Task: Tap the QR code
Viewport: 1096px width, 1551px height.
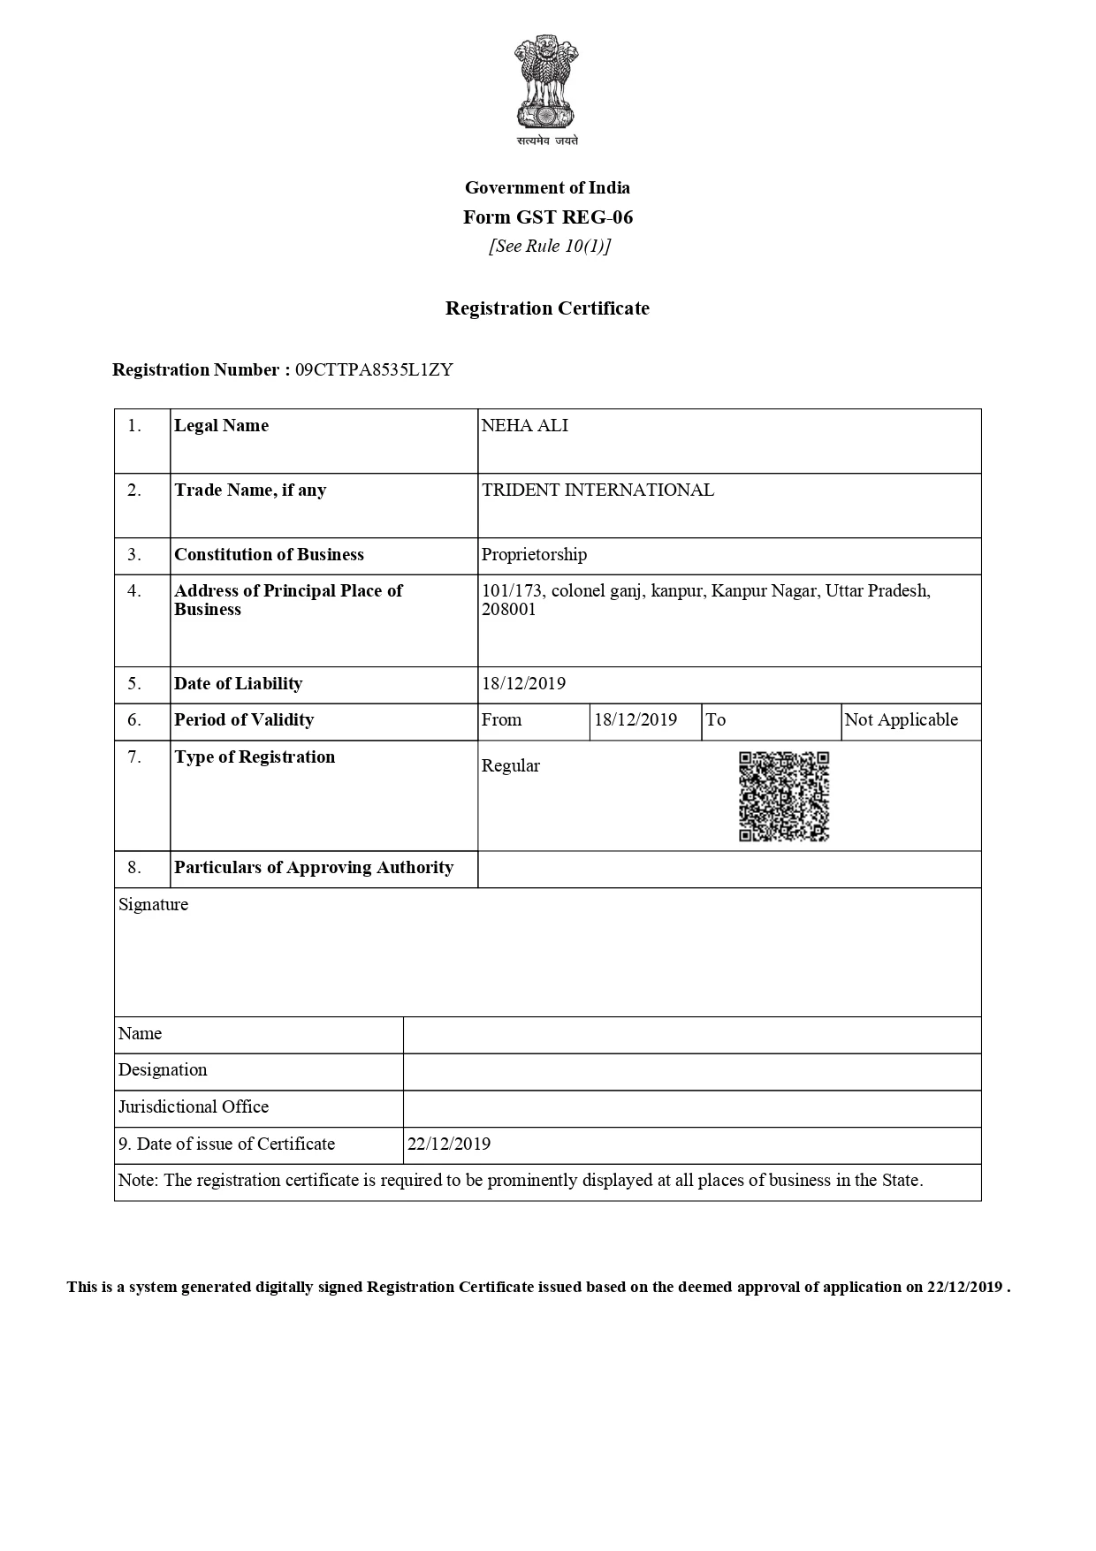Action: (784, 796)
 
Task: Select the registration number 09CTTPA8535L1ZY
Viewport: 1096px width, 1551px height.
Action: (374, 370)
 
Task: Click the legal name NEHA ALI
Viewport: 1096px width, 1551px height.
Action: (525, 426)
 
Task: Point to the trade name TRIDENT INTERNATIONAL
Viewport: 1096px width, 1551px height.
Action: (597, 490)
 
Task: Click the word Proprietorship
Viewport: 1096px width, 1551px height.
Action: (534, 555)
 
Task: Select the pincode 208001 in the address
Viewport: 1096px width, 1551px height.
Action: (509, 610)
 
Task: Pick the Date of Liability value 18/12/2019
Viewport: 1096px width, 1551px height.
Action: (523, 684)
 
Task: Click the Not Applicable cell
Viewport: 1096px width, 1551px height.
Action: (901, 720)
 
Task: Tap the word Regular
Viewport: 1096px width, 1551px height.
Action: (510, 766)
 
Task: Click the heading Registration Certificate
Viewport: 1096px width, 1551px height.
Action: (547, 308)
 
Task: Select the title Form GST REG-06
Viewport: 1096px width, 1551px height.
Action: (548, 217)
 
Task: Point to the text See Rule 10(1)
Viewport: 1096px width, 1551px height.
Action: (550, 247)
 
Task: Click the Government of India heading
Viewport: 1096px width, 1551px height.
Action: (547, 187)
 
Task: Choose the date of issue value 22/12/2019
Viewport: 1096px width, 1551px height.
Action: (448, 1144)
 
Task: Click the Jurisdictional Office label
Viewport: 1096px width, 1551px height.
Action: (194, 1107)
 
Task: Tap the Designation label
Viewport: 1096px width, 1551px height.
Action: (163, 1070)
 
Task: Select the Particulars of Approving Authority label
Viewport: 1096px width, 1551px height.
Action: (314, 868)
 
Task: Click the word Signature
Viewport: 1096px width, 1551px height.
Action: (153, 905)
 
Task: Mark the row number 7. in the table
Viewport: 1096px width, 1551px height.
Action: (134, 757)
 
